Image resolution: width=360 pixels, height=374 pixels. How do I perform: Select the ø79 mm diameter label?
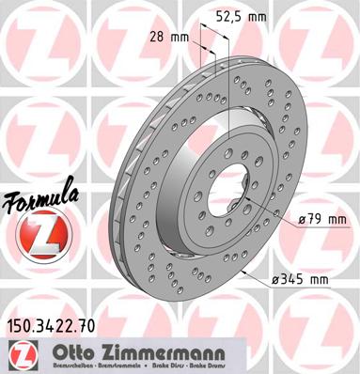(x=321, y=219)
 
